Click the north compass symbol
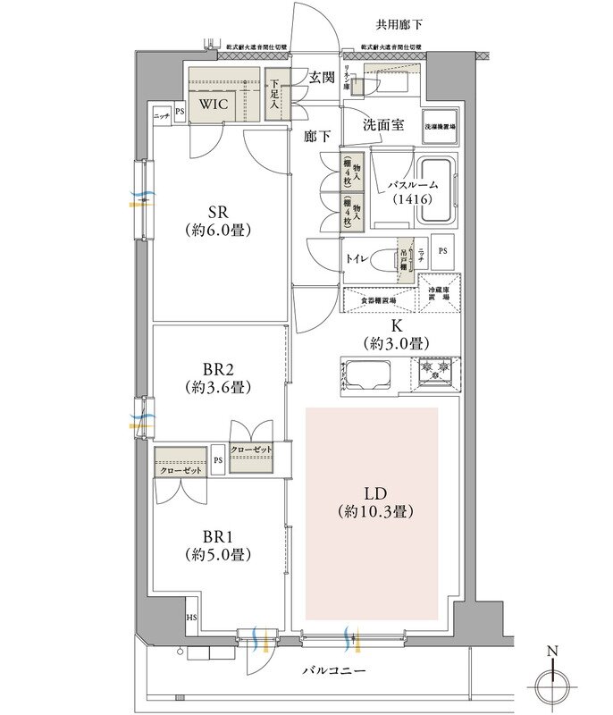click(x=552, y=686)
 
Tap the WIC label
click(x=214, y=104)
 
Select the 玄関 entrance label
click(x=323, y=78)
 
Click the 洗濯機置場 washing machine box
click(x=440, y=128)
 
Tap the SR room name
click(x=215, y=211)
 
